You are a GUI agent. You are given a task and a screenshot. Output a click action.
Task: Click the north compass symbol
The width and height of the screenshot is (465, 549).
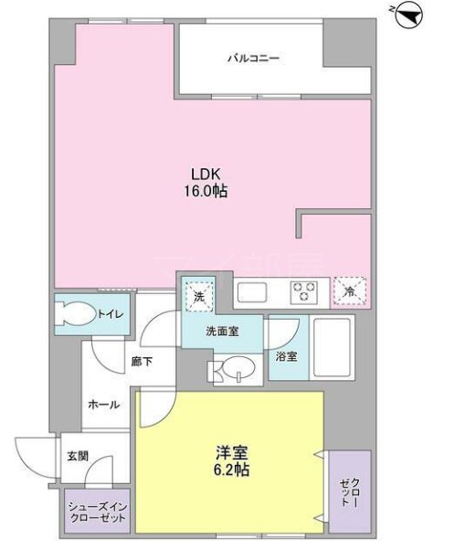(x=408, y=16)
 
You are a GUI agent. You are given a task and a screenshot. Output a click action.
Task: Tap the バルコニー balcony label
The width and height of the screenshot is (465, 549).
(x=253, y=58)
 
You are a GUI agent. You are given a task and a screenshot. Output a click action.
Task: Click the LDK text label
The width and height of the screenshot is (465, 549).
(x=206, y=174)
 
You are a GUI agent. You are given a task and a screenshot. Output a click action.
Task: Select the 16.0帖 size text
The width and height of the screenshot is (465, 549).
(x=206, y=191)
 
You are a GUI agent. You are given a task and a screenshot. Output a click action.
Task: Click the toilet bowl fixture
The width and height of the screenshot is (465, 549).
(x=76, y=313)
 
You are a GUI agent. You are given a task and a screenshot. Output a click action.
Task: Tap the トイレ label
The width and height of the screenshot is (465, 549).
(x=111, y=314)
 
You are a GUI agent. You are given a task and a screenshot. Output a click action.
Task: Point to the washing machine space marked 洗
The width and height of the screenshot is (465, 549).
(x=198, y=297)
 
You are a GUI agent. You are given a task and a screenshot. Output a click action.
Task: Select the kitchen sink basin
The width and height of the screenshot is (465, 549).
(x=251, y=292)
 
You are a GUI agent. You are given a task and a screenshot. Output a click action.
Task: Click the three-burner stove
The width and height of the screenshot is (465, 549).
(x=303, y=292)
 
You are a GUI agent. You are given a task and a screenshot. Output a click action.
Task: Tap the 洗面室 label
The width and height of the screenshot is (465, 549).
(x=222, y=331)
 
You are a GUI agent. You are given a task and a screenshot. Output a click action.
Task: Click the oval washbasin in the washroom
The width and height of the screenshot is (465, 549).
(x=238, y=367)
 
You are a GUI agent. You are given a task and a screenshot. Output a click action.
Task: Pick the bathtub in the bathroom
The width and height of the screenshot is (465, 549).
(x=332, y=347)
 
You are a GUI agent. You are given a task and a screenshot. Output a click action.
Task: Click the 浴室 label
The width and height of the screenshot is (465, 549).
(x=286, y=356)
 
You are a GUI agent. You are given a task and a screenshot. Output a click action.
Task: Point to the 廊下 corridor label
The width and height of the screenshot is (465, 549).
(x=142, y=361)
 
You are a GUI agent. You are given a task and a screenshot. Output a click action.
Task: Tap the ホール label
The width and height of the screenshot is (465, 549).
(x=104, y=405)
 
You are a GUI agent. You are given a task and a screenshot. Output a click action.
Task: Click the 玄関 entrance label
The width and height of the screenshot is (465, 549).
(x=78, y=456)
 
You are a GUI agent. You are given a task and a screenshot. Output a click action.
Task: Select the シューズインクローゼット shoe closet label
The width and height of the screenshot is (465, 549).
(x=98, y=512)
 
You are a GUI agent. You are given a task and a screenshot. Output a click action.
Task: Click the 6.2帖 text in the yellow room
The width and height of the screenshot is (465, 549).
(x=231, y=470)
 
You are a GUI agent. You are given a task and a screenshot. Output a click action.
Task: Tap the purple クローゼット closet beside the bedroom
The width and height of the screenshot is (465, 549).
(x=350, y=491)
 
